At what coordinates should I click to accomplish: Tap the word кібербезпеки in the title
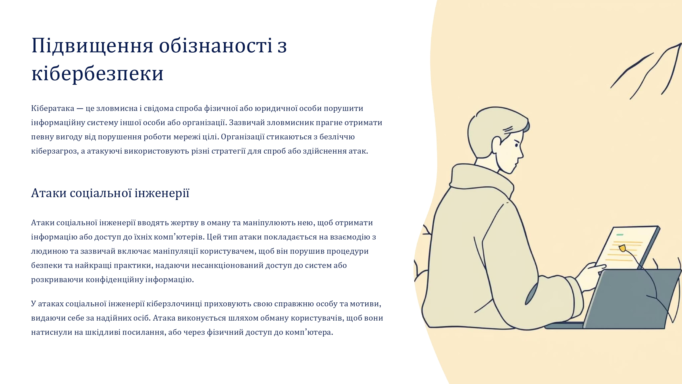pyautogui.click(x=97, y=73)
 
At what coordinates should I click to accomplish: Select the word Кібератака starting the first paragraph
pyautogui.click(x=53, y=108)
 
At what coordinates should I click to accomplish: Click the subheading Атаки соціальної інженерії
pyautogui.click(x=110, y=193)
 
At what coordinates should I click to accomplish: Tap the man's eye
pyautogui.click(x=516, y=145)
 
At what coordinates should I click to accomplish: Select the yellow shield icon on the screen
pyautogui.click(x=622, y=248)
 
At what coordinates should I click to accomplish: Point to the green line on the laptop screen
pyautogui.click(x=620, y=235)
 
